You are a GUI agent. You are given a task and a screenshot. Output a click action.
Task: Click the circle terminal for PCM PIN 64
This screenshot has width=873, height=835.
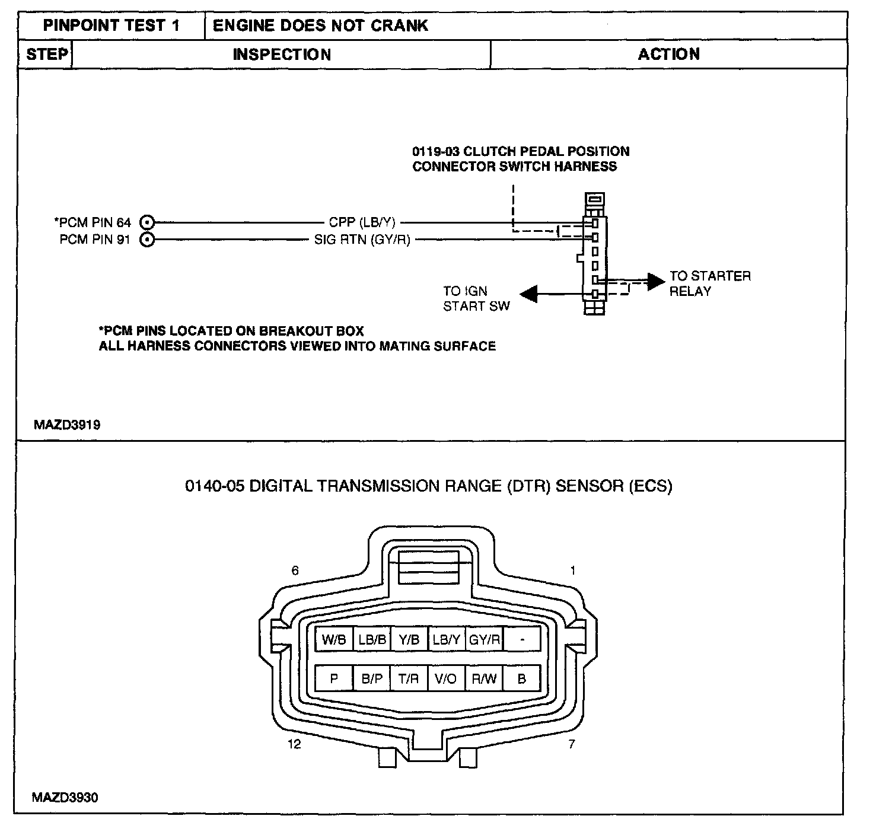pos(147,222)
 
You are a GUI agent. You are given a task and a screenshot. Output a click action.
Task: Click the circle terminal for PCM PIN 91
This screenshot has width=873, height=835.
pos(147,240)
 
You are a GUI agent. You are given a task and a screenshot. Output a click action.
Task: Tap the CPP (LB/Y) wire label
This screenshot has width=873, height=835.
pos(362,222)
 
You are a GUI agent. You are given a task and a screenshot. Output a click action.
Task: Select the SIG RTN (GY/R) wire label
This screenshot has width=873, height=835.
pos(362,240)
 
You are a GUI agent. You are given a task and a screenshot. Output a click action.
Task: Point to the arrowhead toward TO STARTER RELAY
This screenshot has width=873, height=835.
pos(655,282)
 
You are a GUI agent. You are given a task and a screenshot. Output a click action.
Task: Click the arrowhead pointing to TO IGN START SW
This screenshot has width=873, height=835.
pos(528,294)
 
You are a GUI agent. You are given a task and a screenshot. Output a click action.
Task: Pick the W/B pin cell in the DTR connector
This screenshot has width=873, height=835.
pos(334,640)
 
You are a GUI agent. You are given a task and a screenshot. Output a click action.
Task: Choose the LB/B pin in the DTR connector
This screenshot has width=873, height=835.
pos(372,640)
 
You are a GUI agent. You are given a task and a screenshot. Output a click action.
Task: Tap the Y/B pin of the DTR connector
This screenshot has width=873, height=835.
pos(409,640)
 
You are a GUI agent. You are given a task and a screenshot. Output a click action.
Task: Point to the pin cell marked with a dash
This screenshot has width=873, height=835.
pos(521,640)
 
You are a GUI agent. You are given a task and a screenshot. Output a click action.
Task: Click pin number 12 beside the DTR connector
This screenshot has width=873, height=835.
pos(294,744)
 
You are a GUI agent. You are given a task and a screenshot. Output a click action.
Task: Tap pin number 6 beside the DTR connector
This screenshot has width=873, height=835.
pos(295,571)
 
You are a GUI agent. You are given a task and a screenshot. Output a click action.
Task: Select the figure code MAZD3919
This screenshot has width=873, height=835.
pos(67,425)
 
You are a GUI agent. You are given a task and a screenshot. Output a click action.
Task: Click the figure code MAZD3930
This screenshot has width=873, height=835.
pos(65,798)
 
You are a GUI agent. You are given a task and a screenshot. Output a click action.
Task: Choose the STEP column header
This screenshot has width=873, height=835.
pos(46,55)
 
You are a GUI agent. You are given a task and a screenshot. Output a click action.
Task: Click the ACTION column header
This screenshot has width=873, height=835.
pos(668,55)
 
